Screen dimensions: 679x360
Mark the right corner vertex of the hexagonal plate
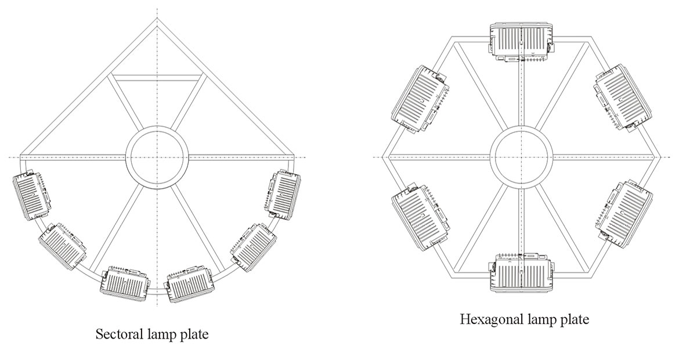coord(660,156)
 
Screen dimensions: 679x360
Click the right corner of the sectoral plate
coord(294,156)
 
